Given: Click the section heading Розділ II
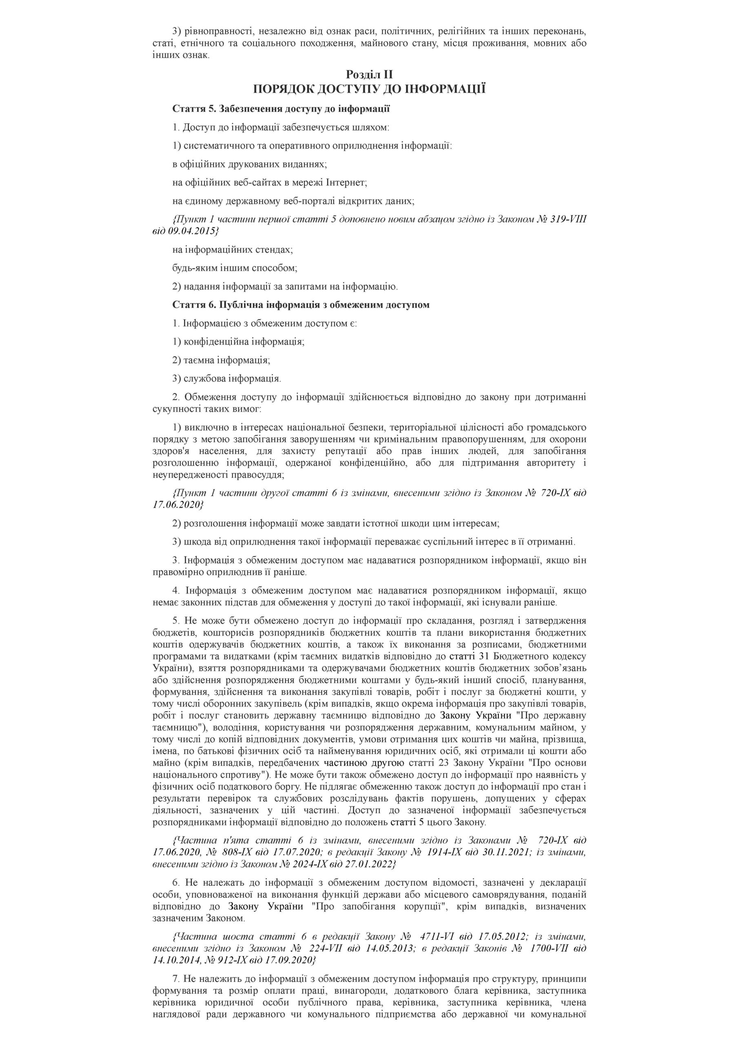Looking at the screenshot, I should [369, 74].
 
